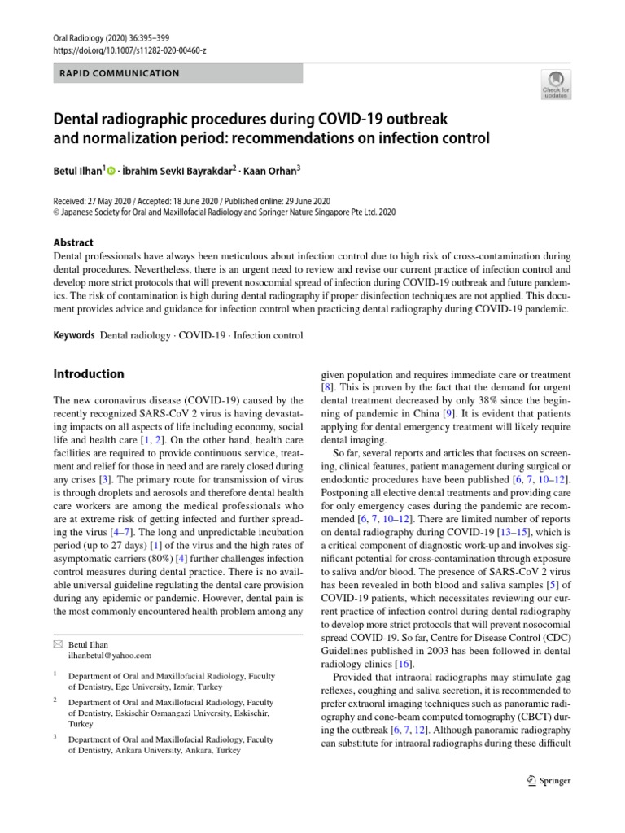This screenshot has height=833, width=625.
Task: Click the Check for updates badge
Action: click(x=555, y=84)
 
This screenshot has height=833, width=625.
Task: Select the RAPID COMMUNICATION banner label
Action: click(x=120, y=73)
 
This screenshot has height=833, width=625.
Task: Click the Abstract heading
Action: click(x=73, y=242)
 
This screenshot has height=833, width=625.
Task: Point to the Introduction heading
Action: click(x=89, y=374)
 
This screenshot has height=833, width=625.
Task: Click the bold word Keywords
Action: click(x=73, y=335)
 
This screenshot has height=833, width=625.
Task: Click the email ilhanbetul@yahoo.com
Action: click(x=110, y=655)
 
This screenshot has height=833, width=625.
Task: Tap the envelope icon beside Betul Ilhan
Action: click(x=57, y=644)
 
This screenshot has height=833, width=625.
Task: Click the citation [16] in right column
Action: click(x=403, y=665)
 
